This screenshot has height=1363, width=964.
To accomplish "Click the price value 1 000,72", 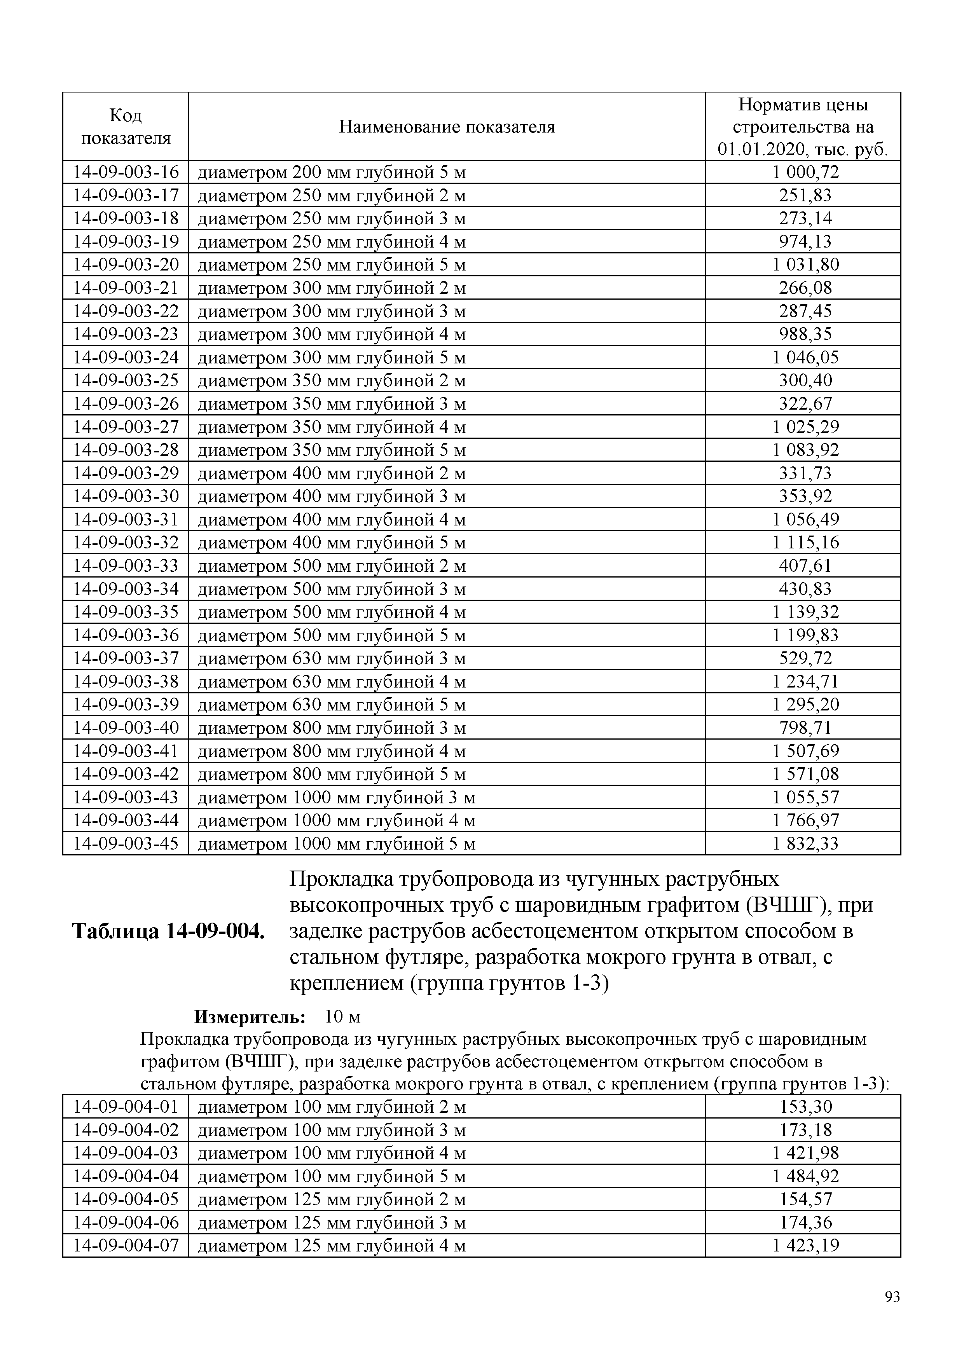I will [805, 172].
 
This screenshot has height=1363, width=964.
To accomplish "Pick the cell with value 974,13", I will [805, 242].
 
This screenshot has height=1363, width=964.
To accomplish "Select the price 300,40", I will [805, 380].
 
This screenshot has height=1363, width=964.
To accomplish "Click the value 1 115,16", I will [805, 543].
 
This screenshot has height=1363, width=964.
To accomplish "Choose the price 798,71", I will [805, 728].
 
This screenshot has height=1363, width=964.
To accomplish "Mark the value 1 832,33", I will [805, 843].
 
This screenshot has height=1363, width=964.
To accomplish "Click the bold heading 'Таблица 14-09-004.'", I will [168, 932].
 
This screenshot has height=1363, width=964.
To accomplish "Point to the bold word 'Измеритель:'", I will [249, 1017].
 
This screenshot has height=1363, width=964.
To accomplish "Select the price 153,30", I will [805, 1106].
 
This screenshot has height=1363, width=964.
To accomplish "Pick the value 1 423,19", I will [805, 1246].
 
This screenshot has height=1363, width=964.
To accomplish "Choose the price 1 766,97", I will [805, 820].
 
